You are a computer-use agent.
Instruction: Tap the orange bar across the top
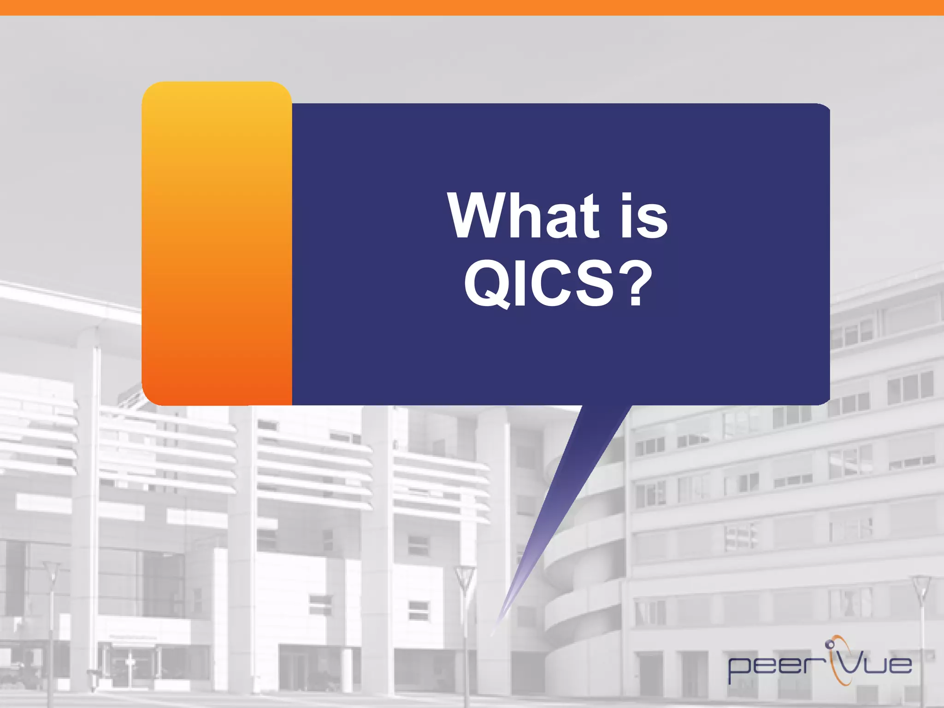pos(472,7)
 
